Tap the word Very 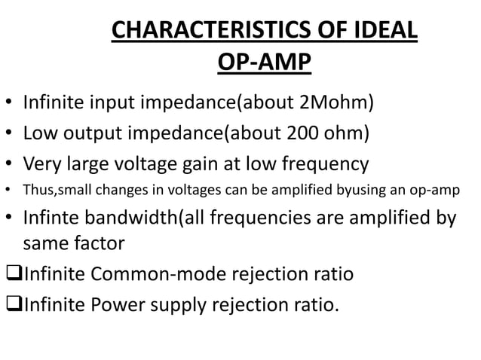coord(43,165)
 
